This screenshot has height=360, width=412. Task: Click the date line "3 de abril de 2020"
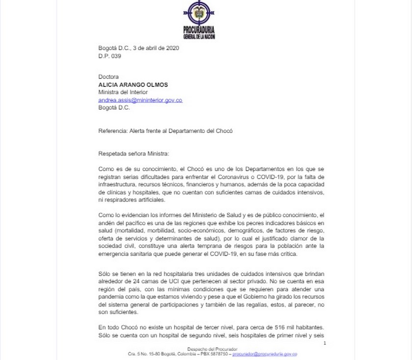156,48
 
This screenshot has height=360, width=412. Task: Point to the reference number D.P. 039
109,56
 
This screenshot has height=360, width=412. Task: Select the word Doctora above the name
108,77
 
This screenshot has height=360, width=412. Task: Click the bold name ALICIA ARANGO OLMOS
133,84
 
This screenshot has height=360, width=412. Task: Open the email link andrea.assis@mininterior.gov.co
140,100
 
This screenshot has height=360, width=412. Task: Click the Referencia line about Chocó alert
165,130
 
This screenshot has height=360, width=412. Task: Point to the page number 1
325,343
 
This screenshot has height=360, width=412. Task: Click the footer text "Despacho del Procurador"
212,349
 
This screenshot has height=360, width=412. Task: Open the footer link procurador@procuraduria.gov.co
265,354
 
